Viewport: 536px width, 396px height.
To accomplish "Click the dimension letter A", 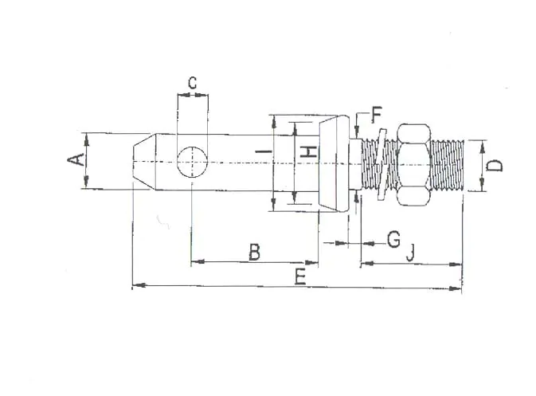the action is tap(76, 160).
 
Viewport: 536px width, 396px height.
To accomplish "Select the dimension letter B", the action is tap(254, 252).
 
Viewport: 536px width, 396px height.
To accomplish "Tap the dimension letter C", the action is tap(193, 82).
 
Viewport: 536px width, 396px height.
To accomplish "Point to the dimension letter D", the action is tap(495, 166).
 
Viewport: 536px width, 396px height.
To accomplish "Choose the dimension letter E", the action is tap(300, 276).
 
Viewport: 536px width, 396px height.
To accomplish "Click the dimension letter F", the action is tap(377, 115).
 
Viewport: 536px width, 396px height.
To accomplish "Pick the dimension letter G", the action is tap(393, 239).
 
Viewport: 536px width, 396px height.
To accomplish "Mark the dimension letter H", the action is tap(309, 151).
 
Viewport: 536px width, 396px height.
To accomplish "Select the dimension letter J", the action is tap(411, 253).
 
